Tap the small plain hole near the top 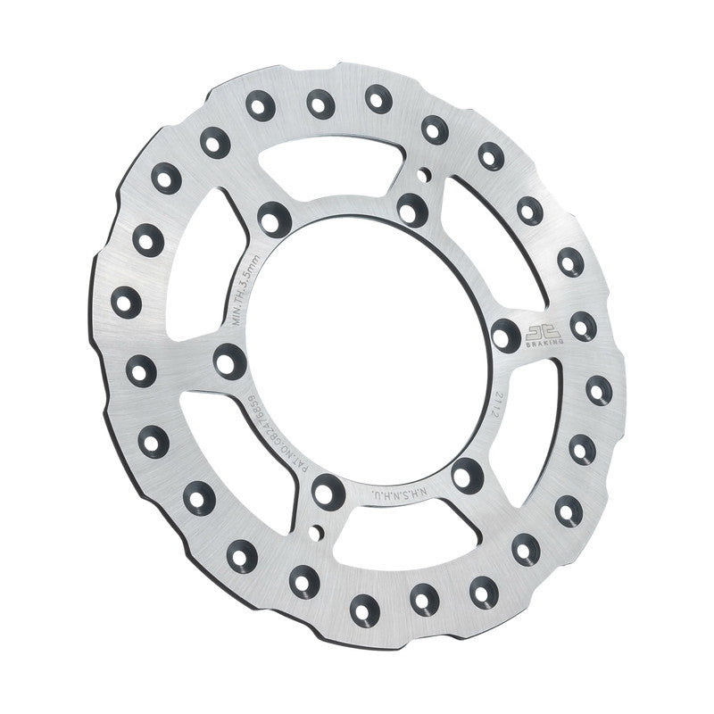[427, 172]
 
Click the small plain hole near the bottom [311, 534]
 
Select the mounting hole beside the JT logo [506, 336]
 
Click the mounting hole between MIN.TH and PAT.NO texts [230, 361]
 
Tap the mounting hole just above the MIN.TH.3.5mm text [273, 217]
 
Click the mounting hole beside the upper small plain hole [411, 208]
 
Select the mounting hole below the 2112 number [466, 474]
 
